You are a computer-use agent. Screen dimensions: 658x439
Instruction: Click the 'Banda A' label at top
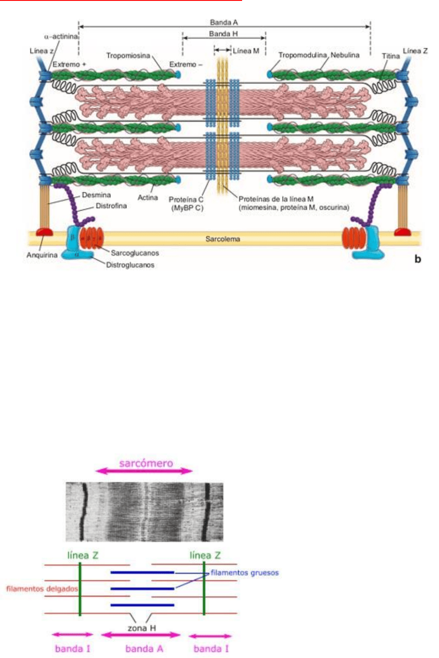click(x=223, y=22)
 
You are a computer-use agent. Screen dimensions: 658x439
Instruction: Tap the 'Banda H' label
click(x=223, y=34)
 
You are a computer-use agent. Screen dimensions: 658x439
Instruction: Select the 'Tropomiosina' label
click(x=128, y=56)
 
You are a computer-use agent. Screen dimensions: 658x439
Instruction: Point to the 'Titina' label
click(x=390, y=56)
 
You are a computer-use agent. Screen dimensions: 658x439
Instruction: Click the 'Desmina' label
click(x=96, y=195)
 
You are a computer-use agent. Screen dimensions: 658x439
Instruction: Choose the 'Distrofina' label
click(x=111, y=206)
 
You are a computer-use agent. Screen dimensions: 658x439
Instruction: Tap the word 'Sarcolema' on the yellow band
click(x=223, y=239)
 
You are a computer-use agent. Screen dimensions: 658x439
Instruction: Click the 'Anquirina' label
click(x=42, y=255)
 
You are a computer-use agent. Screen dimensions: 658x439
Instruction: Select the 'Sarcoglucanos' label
click(x=135, y=253)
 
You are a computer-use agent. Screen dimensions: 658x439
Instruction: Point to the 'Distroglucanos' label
click(x=130, y=265)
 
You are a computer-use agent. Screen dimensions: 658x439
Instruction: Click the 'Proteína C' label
click(x=186, y=200)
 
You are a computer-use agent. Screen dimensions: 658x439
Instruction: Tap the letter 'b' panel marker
click(x=418, y=259)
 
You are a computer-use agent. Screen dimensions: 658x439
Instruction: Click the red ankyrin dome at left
click(x=44, y=232)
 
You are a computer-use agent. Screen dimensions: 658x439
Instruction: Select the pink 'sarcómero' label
click(x=146, y=463)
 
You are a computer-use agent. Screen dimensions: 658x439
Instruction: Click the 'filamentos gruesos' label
click(x=244, y=573)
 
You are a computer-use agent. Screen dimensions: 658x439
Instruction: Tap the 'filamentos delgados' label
click(x=42, y=589)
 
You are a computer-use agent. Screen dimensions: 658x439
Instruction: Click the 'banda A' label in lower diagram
click(x=144, y=649)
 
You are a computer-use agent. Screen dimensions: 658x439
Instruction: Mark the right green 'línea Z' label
click(x=205, y=555)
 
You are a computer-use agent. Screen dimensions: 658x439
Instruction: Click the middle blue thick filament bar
click(x=142, y=589)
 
